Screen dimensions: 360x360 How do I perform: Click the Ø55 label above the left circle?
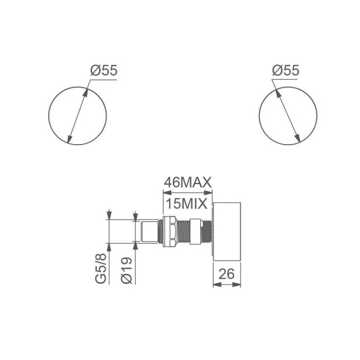104,70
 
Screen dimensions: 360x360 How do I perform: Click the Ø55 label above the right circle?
286,70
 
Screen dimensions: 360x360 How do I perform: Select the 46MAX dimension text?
188,183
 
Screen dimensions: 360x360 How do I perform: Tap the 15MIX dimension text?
186,203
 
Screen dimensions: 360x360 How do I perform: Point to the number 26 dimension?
226,273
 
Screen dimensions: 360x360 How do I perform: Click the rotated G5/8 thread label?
101,268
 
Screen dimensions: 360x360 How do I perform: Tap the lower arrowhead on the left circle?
69,139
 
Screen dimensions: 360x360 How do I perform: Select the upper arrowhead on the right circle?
277,92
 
